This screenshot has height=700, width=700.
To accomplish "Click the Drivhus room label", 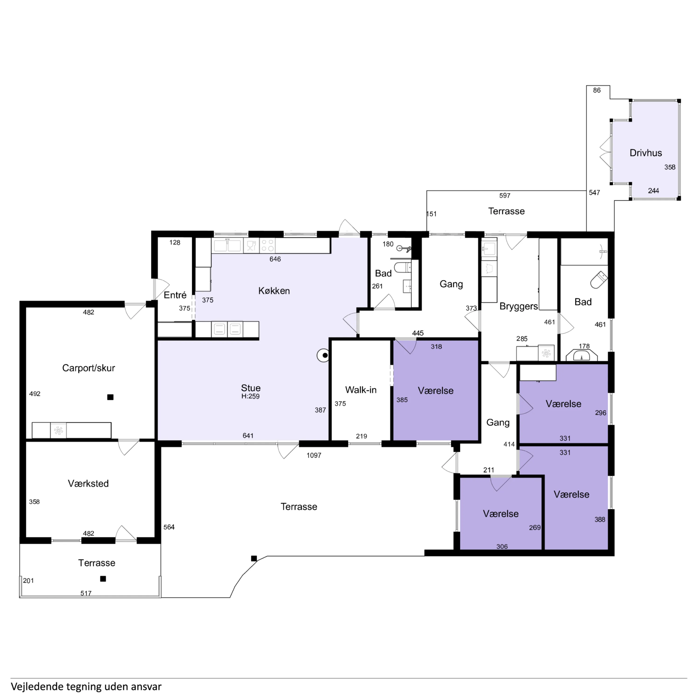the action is [x=646, y=153].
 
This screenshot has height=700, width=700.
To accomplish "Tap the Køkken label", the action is [x=274, y=290].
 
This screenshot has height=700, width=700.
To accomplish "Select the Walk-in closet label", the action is [x=361, y=390].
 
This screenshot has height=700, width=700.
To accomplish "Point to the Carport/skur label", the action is [x=88, y=368].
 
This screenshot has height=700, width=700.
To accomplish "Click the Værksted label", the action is [x=88, y=483].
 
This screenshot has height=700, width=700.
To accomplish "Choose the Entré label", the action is [x=175, y=295].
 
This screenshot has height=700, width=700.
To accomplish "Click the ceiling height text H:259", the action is [x=250, y=396].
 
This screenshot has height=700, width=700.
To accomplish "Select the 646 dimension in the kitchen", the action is [x=275, y=259].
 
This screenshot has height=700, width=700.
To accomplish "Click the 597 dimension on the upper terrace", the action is [x=505, y=196].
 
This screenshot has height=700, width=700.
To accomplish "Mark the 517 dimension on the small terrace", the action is [x=86, y=593].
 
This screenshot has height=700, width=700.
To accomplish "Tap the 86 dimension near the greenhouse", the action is [x=597, y=90].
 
